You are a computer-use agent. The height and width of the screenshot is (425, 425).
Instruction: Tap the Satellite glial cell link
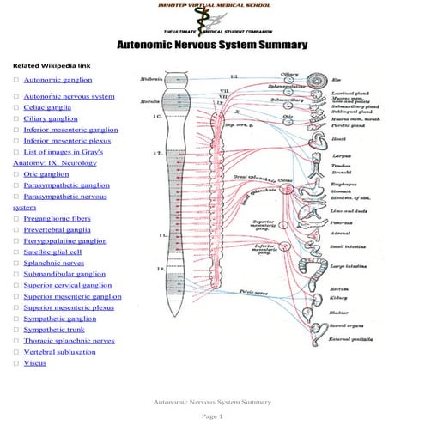(x=52, y=252)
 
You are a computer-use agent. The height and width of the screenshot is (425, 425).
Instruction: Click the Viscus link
(x=35, y=363)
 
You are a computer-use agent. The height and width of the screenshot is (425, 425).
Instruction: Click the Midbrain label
(x=152, y=80)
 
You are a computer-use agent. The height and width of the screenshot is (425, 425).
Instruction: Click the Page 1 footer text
(x=212, y=416)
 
